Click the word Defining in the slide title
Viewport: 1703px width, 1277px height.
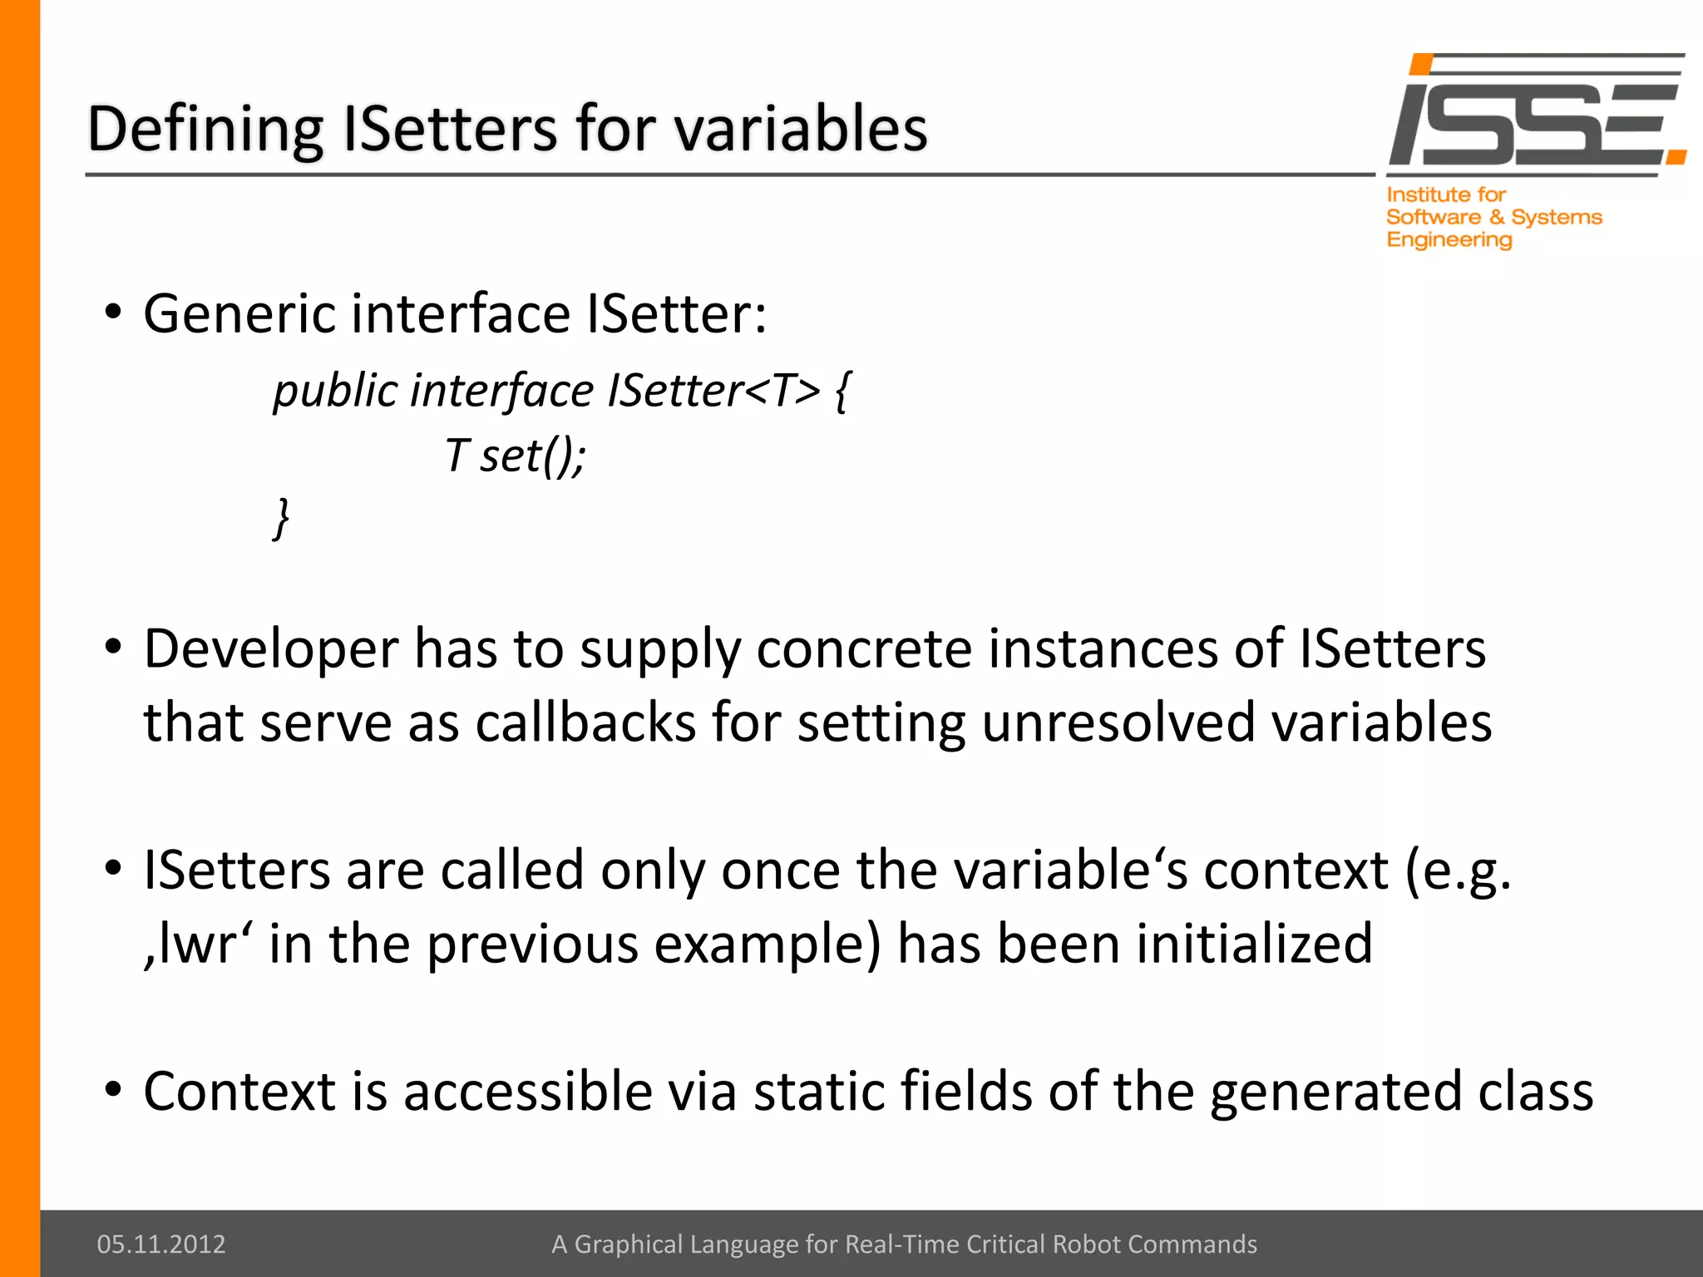click(205, 131)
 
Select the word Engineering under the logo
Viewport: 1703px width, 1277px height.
click(1449, 240)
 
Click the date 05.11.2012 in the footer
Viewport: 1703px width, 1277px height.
click(161, 1244)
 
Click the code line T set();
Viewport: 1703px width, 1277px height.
click(516, 456)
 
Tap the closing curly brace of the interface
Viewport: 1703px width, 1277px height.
click(282, 519)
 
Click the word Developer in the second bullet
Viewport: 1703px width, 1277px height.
click(271, 650)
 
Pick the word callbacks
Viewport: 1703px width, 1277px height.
click(585, 722)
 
